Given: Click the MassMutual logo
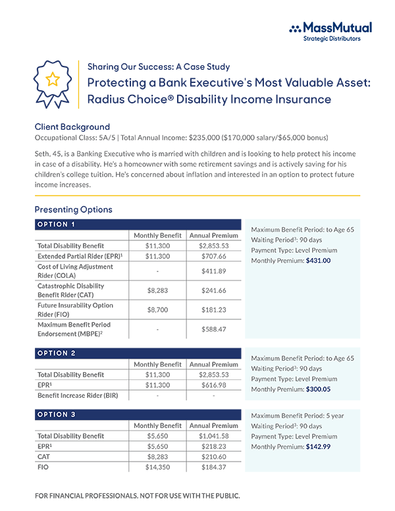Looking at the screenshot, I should coord(330,30).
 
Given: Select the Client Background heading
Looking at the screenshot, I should coord(72,126).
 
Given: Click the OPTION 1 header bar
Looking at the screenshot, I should coord(138,224).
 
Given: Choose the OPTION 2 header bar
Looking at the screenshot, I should coord(138,353).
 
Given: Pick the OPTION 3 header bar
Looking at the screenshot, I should coord(138,414).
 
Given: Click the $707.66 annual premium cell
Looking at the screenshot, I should coord(213,255).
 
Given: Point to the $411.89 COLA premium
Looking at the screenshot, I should coord(213,271).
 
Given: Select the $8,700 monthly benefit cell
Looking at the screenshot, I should coord(157,309).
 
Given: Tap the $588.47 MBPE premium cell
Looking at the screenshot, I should coord(213,329).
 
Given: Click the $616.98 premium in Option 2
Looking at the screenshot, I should coord(213,385).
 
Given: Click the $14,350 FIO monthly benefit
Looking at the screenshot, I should coord(157,467).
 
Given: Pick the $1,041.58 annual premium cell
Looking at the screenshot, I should coord(213,436).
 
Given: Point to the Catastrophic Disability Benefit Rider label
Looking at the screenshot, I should coord(74,290).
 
